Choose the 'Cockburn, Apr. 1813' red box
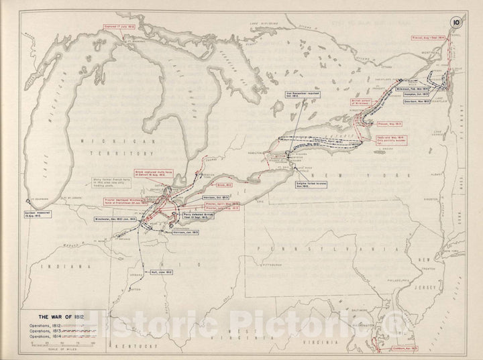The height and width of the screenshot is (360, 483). tap(392, 348)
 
